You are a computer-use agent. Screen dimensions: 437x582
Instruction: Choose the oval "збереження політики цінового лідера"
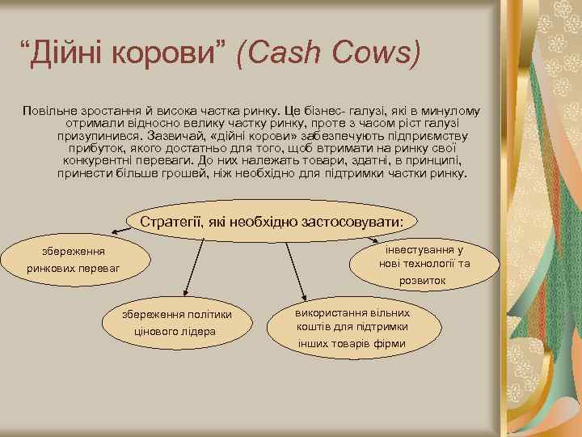(x=177, y=323)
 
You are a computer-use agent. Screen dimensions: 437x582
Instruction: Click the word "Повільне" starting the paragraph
(x=49, y=110)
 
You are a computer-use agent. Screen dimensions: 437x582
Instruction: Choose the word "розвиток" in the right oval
(x=422, y=281)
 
